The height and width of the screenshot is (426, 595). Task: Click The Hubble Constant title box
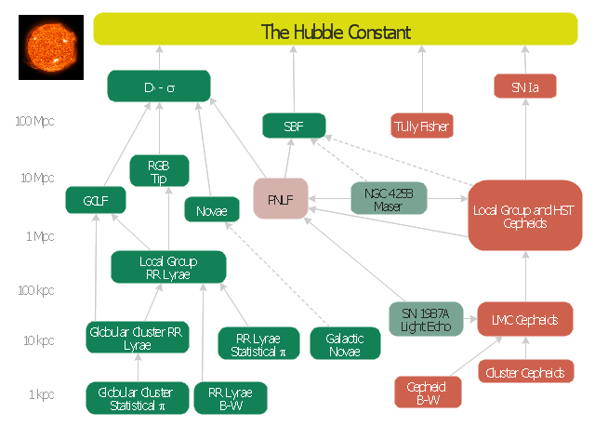click(x=336, y=33)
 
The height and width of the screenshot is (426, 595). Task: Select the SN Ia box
click(x=524, y=88)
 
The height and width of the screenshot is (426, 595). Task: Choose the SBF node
click(x=294, y=126)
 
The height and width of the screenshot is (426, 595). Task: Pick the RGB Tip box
click(x=159, y=171)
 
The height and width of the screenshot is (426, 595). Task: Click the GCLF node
click(x=89, y=199)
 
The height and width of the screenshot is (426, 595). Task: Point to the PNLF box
click(x=280, y=199)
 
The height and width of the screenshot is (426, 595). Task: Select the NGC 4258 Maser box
click(x=389, y=199)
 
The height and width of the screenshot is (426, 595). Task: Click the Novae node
click(x=212, y=210)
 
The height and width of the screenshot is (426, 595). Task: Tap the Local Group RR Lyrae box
click(x=168, y=267)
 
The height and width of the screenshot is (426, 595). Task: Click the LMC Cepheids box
click(x=524, y=319)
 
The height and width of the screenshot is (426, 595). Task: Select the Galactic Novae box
click(x=345, y=343)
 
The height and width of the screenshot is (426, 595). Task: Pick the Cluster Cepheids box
click(x=525, y=373)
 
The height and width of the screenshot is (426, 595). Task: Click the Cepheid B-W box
click(x=427, y=393)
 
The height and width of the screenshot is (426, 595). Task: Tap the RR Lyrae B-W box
click(x=231, y=398)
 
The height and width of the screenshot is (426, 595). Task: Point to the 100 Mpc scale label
click(x=35, y=122)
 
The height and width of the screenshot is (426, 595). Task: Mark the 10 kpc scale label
click(x=38, y=340)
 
